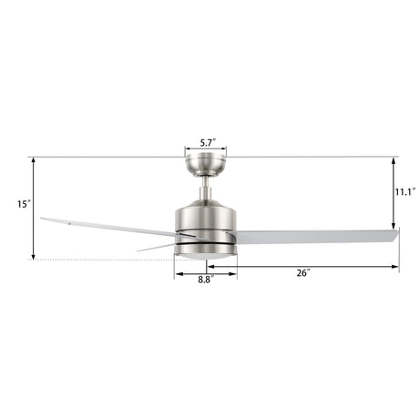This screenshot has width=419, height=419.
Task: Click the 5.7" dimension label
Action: pyautogui.click(x=208, y=143)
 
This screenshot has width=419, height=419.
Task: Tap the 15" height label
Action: pyautogui.click(x=24, y=204)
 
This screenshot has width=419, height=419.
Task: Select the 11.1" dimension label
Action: pyautogui.click(x=405, y=192)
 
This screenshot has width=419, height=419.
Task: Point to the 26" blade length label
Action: pyautogui.click(x=303, y=273)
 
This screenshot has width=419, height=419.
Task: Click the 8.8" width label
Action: pyautogui.click(x=207, y=280)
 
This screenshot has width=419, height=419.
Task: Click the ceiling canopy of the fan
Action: pyautogui.click(x=206, y=166)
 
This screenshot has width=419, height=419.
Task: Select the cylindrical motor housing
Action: pyautogui.click(x=206, y=228)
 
